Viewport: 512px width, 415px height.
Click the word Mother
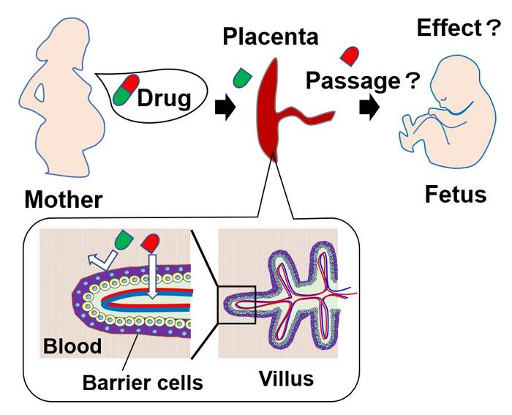pyautogui.click(x=63, y=200)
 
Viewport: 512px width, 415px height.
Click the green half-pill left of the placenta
pyautogui.click(x=240, y=76)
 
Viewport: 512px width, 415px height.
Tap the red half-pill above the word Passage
pyautogui.click(x=350, y=55)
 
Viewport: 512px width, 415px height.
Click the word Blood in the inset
pyautogui.click(x=72, y=345)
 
